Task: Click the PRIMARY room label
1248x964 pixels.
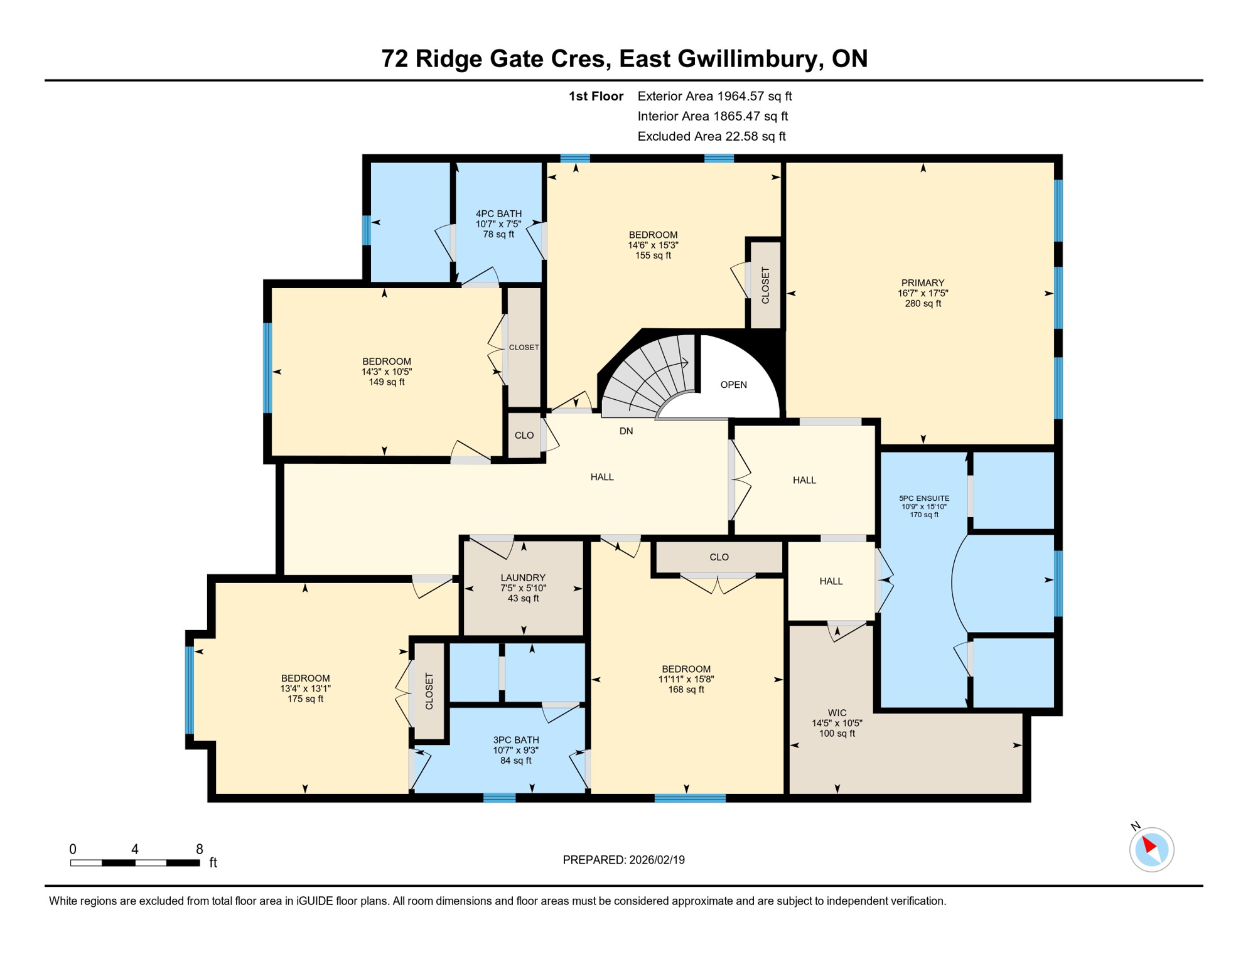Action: pos(922,283)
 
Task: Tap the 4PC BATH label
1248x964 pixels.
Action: pos(498,214)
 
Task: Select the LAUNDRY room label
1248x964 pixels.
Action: pos(523,578)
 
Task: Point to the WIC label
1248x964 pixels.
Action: pos(837,713)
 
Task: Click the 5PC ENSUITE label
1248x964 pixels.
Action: pos(924,498)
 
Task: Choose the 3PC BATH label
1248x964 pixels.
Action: pos(516,740)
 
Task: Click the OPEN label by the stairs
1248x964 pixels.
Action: pos(733,385)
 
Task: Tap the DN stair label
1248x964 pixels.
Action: pos(626,431)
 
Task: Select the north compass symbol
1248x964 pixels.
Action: pos(1151,849)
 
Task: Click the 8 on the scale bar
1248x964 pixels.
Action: pos(200,849)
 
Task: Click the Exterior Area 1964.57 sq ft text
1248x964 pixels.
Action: pos(714,96)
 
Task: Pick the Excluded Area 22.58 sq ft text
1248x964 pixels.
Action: pos(711,136)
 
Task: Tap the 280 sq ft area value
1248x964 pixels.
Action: pos(922,304)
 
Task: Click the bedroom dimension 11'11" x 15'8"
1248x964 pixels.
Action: pos(686,679)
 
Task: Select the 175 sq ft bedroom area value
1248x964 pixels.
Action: pos(305,699)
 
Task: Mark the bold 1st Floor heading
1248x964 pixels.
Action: pos(596,96)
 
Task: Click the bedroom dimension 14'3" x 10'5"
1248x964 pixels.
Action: pos(387,372)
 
